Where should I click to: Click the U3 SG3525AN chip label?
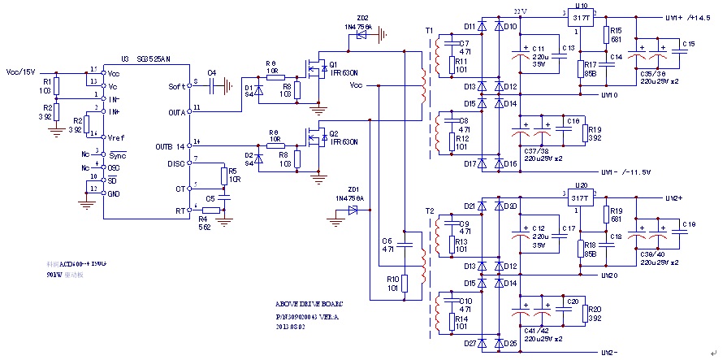146,59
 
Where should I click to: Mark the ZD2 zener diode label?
361,17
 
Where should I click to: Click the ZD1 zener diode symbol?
353,210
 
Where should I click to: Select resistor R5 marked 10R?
223,176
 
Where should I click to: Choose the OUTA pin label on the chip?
176,111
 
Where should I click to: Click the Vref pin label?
115,137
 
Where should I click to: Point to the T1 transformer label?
428,30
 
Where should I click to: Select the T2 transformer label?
428,210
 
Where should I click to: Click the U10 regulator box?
580,18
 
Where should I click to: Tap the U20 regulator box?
580,197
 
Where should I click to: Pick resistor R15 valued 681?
606,34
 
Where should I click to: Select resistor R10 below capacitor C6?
404,284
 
